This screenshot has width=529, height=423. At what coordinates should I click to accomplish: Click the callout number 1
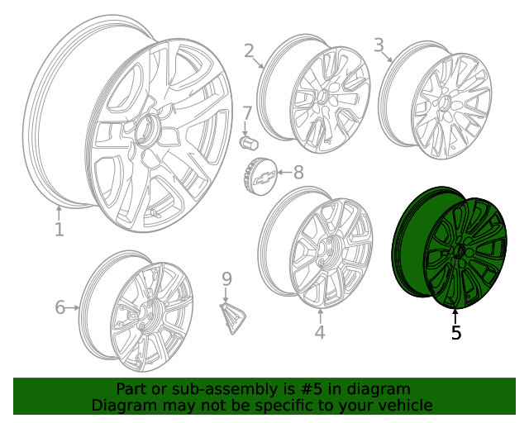[59, 229]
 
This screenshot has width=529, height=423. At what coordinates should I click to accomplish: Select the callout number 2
[249, 51]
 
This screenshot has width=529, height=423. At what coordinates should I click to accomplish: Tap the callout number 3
[379, 45]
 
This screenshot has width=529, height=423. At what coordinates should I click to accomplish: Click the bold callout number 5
[455, 332]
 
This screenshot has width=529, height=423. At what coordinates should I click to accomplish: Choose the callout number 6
[60, 308]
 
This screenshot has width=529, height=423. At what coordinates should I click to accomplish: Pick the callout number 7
[246, 112]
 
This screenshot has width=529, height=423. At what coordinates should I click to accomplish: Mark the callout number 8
[298, 172]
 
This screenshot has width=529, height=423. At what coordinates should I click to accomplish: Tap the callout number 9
[227, 279]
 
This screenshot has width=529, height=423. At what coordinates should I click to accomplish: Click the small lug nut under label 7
[246, 142]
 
